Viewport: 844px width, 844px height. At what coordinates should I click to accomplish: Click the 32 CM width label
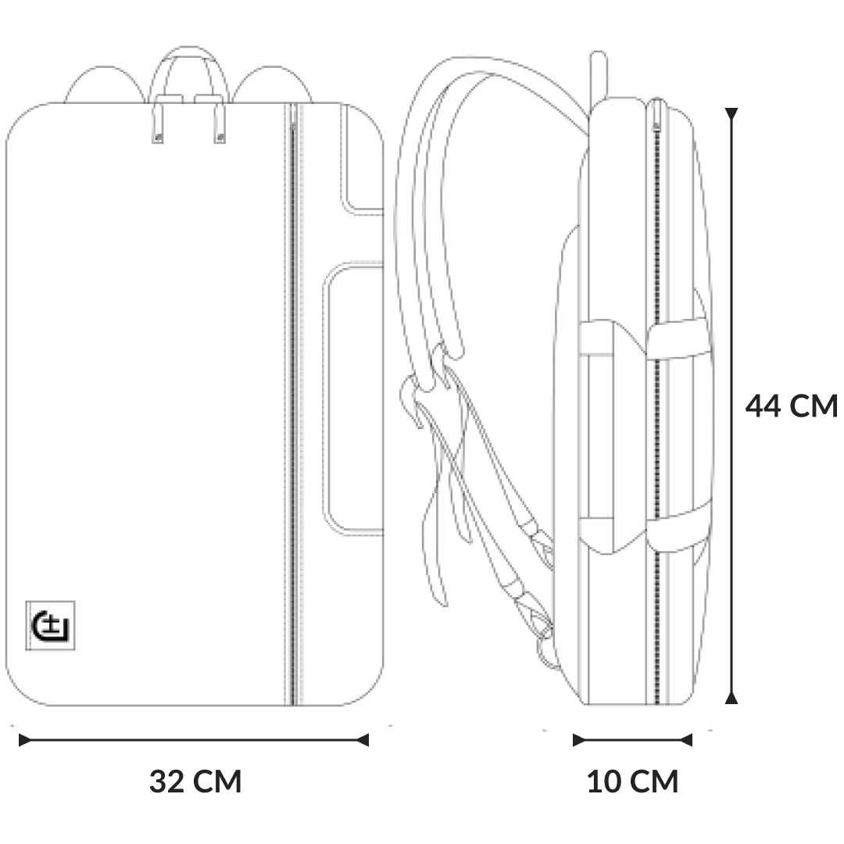[x=195, y=781]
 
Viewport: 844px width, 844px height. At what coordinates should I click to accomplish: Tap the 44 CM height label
[x=791, y=406]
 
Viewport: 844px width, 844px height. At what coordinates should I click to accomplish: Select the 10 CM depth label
[x=632, y=781]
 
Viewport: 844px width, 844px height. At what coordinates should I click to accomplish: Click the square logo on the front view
[x=50, y=625]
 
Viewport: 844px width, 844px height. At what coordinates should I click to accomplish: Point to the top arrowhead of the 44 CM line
[x=731, y=114]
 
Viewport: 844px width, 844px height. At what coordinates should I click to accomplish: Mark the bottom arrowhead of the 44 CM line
[x=731, y=698]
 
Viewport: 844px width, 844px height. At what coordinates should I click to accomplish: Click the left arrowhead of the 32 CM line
[x=25, y=740]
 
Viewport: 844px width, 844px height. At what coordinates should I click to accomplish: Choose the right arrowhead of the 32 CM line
[x=363, y=740]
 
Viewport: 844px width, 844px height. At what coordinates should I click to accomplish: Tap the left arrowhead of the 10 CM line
[x=579, y=740]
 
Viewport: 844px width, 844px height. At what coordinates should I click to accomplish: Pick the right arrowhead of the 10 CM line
[x=686, y=740]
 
